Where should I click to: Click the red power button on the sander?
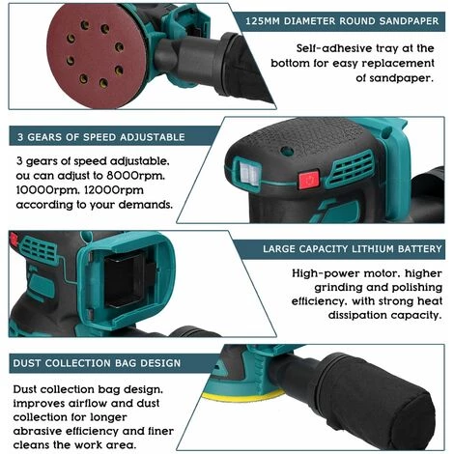309,180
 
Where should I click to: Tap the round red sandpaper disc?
97,56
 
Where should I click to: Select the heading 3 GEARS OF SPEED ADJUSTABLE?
101,137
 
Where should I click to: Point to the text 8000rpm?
137,176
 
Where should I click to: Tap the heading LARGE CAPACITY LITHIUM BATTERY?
353,249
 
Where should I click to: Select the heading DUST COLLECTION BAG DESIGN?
97,363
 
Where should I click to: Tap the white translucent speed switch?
249,173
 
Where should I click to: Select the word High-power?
326,273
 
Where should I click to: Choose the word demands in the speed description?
146,205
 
